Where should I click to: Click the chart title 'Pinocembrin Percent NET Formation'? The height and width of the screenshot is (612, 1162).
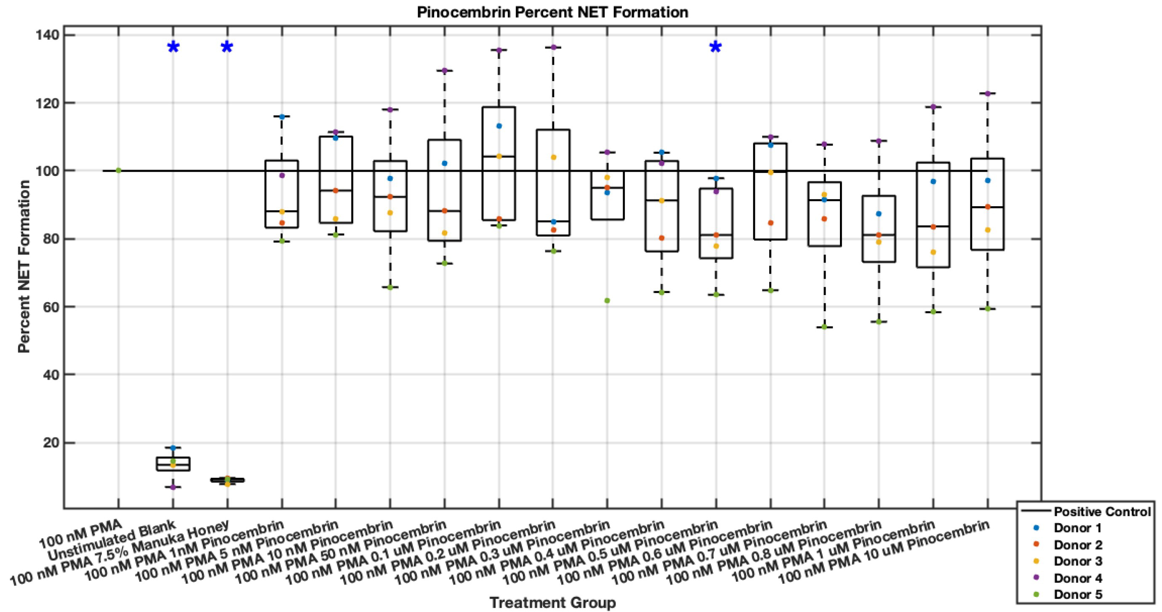(x=552, y=12)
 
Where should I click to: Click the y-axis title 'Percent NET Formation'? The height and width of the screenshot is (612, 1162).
(x=24, y=266)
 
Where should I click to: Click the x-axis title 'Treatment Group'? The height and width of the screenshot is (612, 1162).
(x=552, y=602)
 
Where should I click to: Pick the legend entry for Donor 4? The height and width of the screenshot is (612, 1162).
(x=1078, y=578)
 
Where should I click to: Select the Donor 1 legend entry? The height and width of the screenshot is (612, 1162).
(x=1078, y=541)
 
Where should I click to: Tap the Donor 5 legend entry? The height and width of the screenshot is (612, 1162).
(x=1078, y=594)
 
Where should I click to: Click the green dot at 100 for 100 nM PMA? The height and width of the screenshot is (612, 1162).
(x=118, y=170)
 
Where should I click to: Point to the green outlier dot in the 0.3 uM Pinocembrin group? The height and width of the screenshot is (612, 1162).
(x=607, y=301)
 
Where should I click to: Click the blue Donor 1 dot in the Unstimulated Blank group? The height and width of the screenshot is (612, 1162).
(x=173, y=448)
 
